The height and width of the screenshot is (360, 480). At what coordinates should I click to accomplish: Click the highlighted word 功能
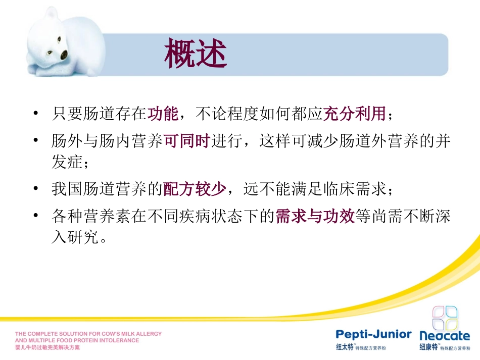[163, 114]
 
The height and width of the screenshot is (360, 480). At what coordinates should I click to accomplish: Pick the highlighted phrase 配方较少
[194, 189]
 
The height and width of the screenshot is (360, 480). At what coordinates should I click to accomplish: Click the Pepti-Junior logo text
[374, 334]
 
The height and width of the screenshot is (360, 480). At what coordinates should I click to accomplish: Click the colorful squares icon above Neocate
[445, 318]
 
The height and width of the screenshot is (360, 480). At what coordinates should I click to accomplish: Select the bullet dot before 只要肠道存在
[35, 113]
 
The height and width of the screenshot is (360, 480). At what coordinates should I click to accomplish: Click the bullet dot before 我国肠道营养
[35, 189]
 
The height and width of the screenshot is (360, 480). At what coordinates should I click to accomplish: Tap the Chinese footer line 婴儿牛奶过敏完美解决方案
[47, 348]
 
